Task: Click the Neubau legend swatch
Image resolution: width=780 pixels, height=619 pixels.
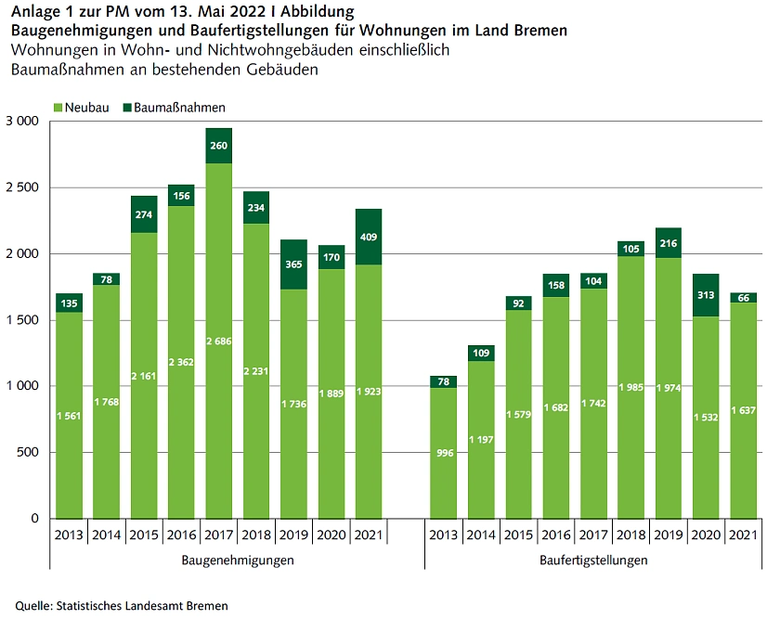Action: [58, 108]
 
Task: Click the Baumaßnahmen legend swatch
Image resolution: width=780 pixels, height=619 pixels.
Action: [127, 108]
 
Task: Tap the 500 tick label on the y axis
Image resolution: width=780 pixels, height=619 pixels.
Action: [26, 453]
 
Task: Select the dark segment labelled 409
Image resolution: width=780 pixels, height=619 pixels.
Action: [368, 237]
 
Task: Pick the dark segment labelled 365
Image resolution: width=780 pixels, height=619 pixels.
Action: [293, 264]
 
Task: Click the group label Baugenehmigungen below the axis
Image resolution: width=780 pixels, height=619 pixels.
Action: [237, 561]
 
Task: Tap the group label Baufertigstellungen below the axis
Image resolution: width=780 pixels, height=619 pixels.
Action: [592, 561]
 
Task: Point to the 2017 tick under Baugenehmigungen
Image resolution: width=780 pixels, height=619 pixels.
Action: [218, 535]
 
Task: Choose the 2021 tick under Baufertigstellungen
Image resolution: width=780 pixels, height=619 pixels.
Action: [742, 535]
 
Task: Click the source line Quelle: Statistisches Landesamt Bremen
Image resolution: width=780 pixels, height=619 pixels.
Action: [121, 605]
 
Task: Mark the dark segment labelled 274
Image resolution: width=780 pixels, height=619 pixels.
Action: [144, 214]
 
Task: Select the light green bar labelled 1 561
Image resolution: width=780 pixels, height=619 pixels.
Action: [69, 415]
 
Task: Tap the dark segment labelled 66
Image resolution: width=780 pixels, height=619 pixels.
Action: [742, 298]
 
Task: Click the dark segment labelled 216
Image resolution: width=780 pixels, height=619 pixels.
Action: [668, 243]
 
